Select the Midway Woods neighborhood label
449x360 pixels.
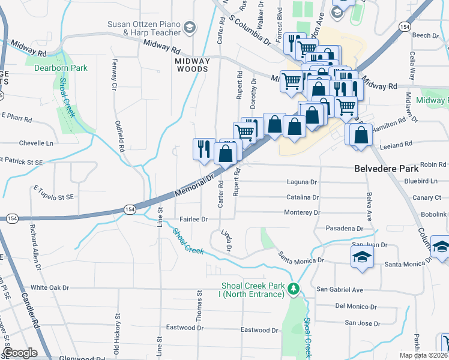pos(192,65)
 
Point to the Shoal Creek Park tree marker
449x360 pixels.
pos(294,289)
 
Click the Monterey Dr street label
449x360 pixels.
pos(302,212)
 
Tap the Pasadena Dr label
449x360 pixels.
pos(344,229)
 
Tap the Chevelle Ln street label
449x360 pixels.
pos(36,143)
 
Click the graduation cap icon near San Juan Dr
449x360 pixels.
pos(362,257)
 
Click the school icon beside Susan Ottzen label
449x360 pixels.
pos(190,28)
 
